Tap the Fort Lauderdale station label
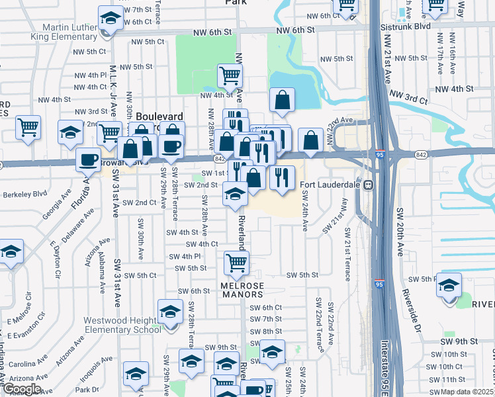tap(329, 185)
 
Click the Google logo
tap(22, 389)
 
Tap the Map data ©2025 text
tap(468, 392)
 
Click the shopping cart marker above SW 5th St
tap(236, 263)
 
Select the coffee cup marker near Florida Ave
tap(89, 159)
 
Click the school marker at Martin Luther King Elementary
tap(111, 17)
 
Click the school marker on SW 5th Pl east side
tap(449, 285)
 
